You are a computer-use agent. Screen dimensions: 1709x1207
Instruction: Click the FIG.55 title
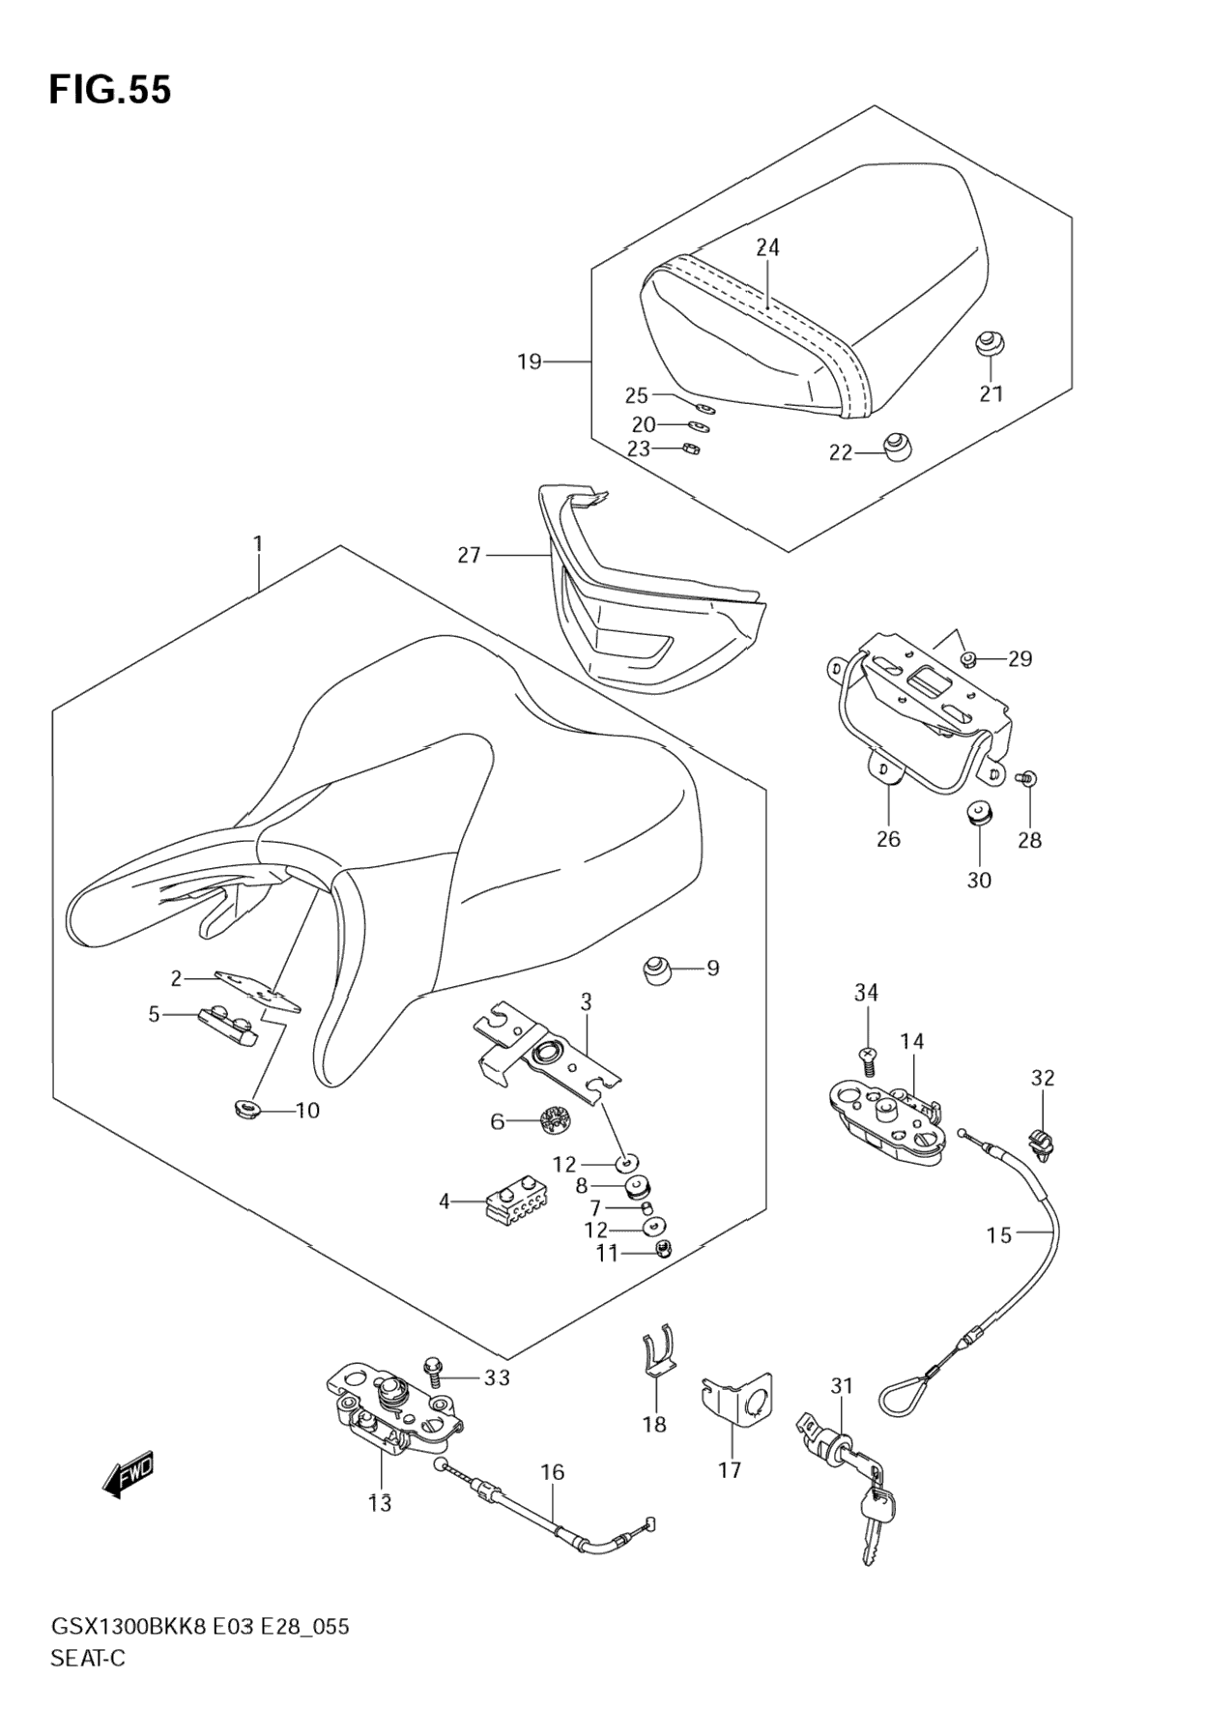click(x=110, y=89)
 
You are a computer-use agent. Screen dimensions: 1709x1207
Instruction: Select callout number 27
click(x=469, y=556)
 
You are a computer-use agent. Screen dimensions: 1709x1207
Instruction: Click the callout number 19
click(x=529, y=362)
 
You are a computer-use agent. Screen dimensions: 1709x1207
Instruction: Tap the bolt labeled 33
click(x=431, y=1368)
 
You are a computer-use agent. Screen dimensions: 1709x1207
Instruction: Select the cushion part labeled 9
click(x=659, y=969)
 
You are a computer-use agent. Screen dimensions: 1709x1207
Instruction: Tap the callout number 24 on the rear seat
click(x=767, y=248)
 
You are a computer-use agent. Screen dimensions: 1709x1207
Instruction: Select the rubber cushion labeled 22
click(x=898, y=448)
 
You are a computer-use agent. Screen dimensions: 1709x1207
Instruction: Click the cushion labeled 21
click(x=988, y=344)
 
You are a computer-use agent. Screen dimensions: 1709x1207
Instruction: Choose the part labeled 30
click(x=979, y=815)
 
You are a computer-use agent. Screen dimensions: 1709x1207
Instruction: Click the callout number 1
click(x=258, y=545)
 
